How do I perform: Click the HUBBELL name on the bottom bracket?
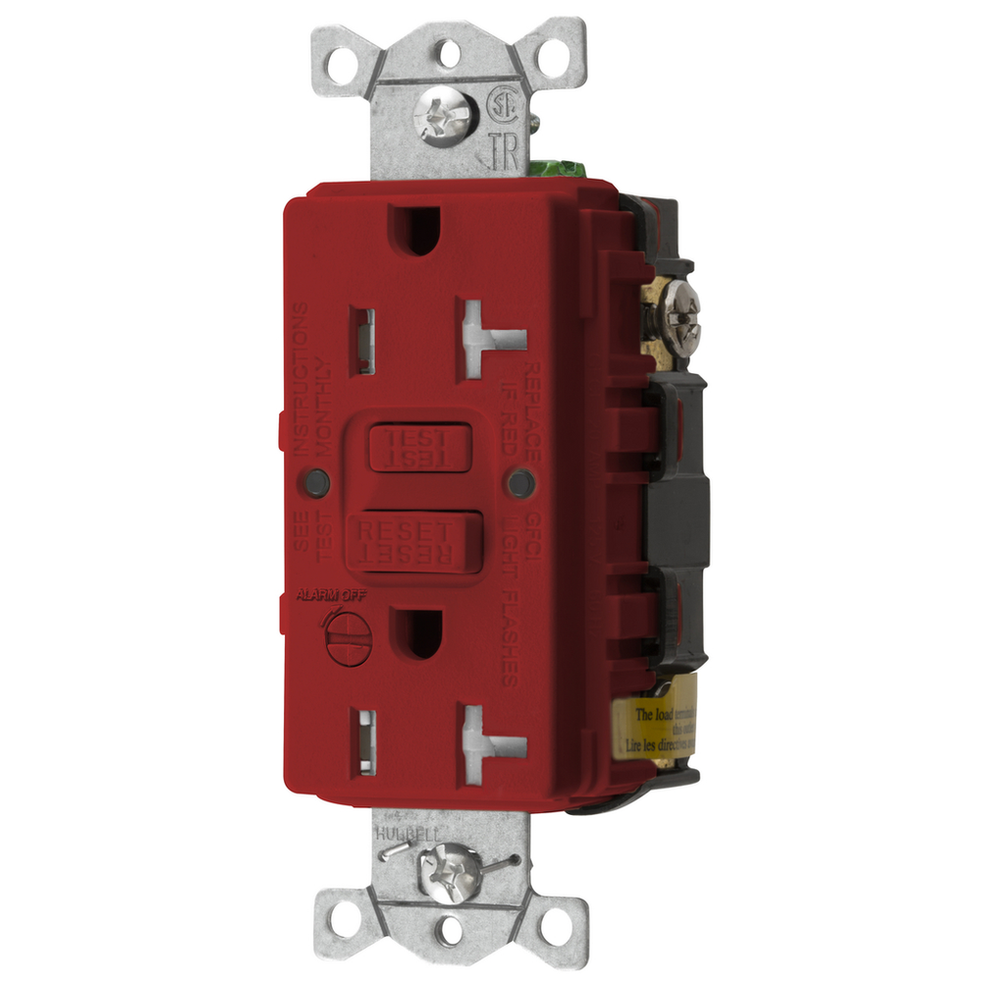(x=407, y=833)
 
